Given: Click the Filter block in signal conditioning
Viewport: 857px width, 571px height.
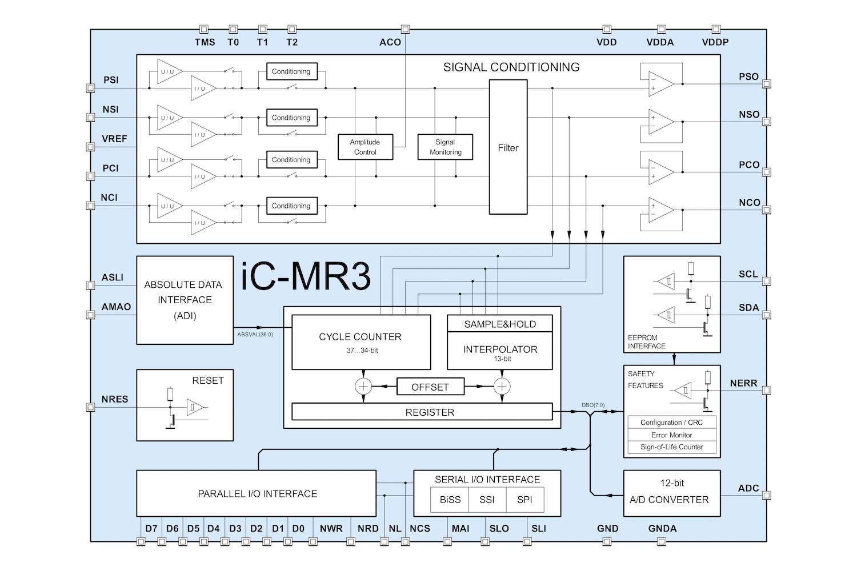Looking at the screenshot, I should (508, 147).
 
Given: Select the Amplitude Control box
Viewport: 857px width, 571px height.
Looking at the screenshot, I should (365, 147).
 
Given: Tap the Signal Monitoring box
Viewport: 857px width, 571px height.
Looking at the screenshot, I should (445, 147).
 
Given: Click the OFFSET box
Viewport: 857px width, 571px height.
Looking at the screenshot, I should (430, 387).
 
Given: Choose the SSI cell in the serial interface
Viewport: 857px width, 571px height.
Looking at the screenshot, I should (487, 500).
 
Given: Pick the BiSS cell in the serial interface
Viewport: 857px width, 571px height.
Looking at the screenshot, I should (450, 500).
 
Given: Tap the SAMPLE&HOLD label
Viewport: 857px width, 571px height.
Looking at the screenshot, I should (499, 324).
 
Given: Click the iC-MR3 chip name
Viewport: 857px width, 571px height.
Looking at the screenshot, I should (306, 277).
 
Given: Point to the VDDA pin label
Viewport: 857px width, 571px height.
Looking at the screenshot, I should (660, 42).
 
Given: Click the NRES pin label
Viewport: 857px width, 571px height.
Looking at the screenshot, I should (115, 399).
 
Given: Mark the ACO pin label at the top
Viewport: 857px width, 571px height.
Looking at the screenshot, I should (390, 42).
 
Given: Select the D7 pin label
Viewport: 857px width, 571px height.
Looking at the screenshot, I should (151, 529).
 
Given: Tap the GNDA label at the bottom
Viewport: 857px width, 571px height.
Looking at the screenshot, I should (662, 529).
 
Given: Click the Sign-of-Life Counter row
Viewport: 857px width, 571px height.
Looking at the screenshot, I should (671, 447).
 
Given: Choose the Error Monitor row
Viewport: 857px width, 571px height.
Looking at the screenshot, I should (671, 435).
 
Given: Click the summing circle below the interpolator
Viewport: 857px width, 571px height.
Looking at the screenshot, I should (502, 387).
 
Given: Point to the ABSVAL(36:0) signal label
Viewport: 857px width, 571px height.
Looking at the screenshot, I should (255, 335).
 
